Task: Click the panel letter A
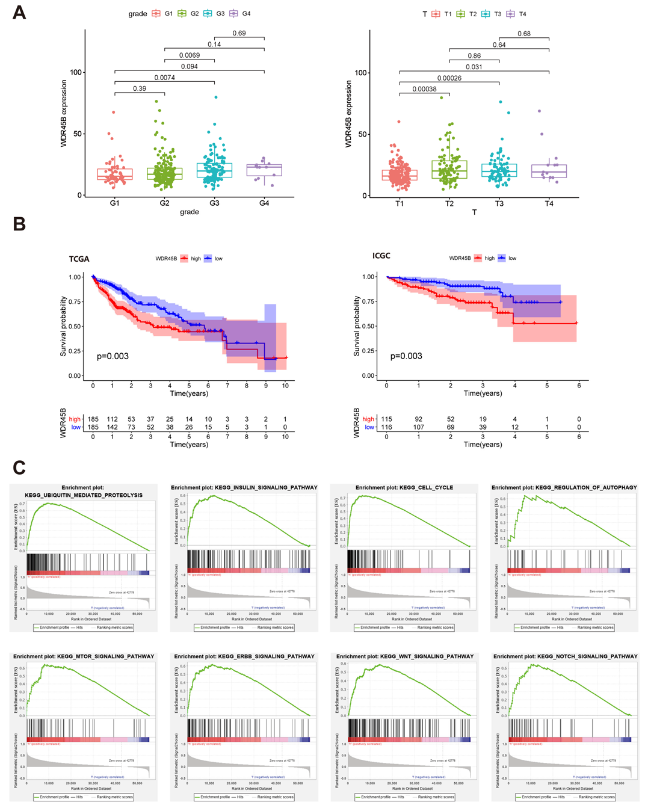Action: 19,13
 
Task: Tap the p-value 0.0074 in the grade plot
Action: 164,78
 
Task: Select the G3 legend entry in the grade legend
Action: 215,13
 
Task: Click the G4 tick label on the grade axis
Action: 264,203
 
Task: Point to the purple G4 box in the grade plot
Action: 264,170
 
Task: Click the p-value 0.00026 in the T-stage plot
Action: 449,78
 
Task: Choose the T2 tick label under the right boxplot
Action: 449,204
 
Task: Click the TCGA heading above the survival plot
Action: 79,259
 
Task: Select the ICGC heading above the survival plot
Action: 381,256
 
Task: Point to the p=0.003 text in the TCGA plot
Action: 113,356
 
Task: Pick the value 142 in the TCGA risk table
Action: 112,427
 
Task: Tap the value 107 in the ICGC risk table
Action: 418,427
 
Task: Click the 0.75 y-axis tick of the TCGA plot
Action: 75,302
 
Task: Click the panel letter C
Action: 19,467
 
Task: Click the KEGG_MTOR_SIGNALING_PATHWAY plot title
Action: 84,656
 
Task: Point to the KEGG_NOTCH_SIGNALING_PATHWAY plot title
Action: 565,656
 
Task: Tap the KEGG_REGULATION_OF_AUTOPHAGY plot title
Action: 564,488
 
